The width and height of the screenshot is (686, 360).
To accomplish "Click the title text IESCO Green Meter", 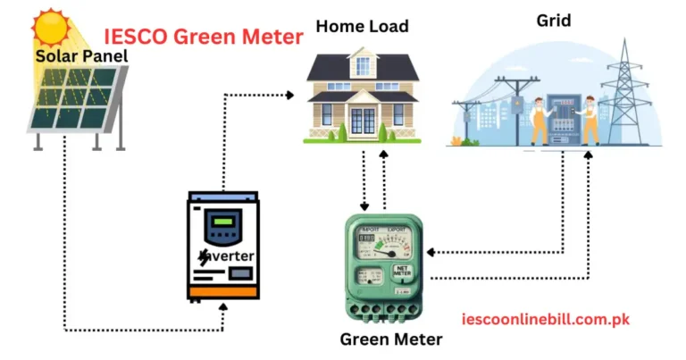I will (x=204, y=38).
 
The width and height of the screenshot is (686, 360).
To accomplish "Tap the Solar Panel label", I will (x=81, y=56).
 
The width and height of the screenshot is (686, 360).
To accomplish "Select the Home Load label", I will (x=362, y=26).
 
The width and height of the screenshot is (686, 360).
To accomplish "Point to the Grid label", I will (x=554, y=20).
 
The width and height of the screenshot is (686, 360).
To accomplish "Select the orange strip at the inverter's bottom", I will (x=222, y=292).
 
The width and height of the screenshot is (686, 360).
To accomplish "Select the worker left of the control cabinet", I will (x=540, y=121).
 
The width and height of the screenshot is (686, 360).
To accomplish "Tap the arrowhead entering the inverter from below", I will (x=223, y=307).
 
